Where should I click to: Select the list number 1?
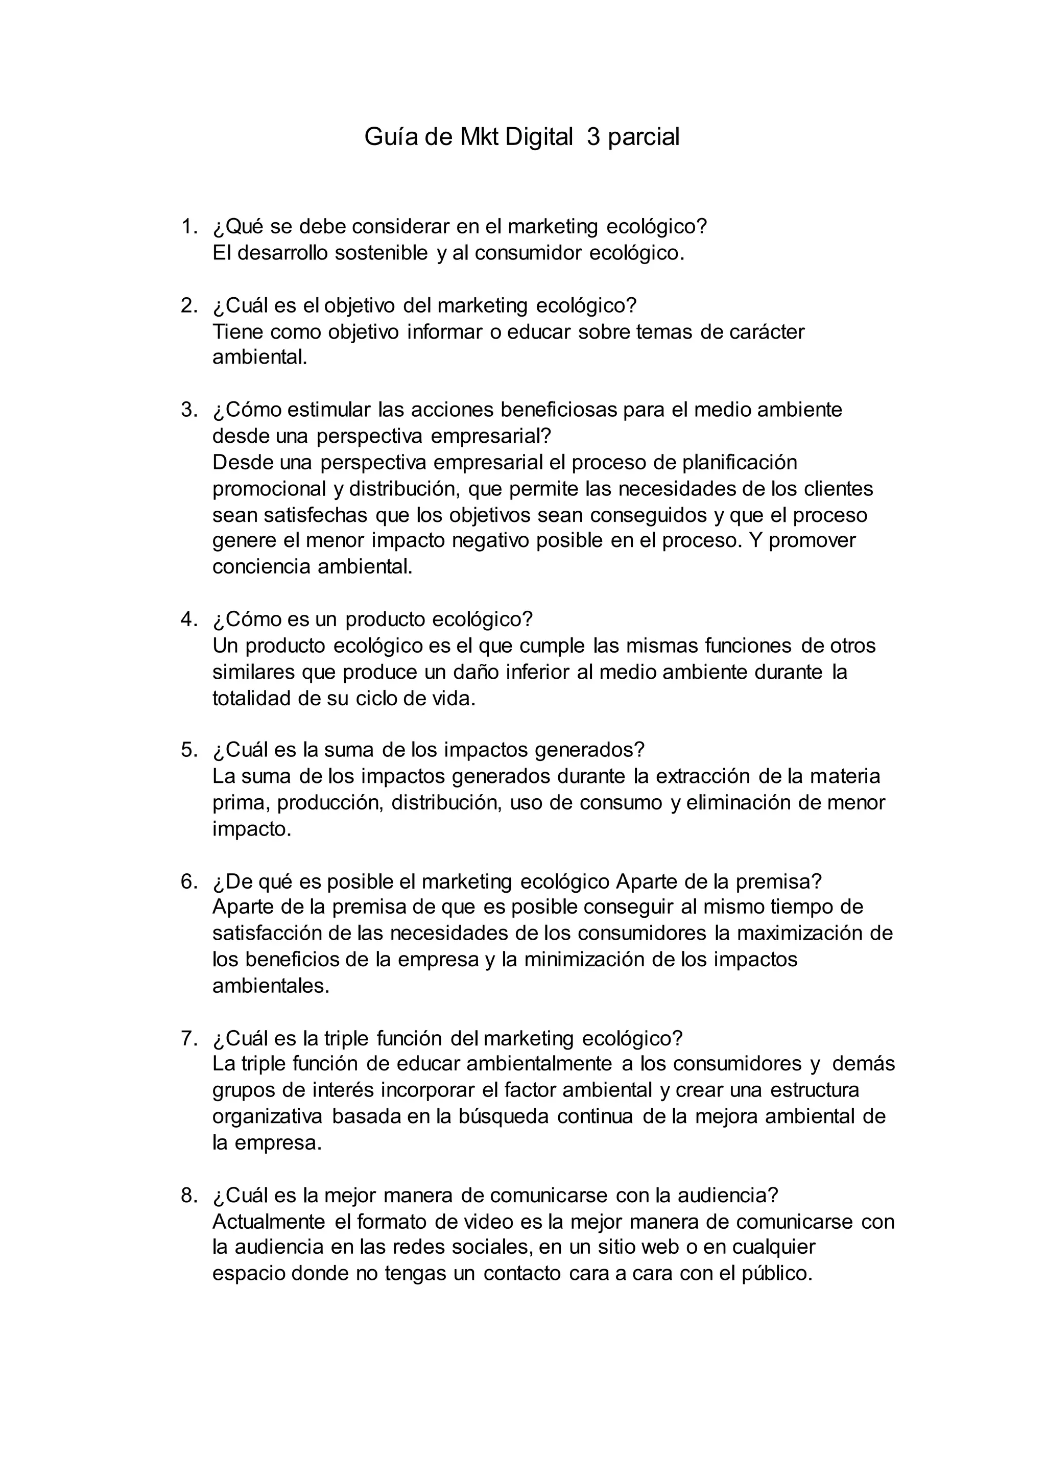coord(188,227)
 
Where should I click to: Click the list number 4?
coord(188,619)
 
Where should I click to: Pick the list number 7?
coord(188,1038)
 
